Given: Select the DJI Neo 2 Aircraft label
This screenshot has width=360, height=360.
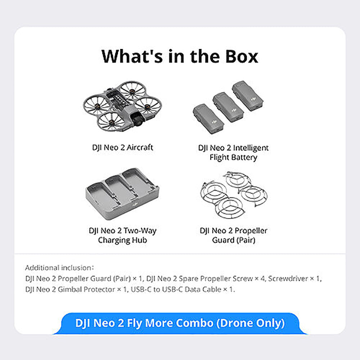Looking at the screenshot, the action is coord(123,147).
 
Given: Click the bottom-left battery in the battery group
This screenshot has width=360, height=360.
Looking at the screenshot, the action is coord(208,119).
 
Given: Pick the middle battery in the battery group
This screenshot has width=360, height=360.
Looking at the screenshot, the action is coord(228,107).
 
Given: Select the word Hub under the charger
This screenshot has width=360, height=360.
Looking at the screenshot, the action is coord(139,240).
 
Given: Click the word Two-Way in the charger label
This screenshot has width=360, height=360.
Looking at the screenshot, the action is coord(140,230).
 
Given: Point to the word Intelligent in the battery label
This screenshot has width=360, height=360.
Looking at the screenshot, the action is coord(251,148).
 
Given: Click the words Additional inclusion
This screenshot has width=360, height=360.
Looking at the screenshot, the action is coord(59,268).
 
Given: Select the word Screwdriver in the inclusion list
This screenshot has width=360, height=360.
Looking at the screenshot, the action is coord(288,279).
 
